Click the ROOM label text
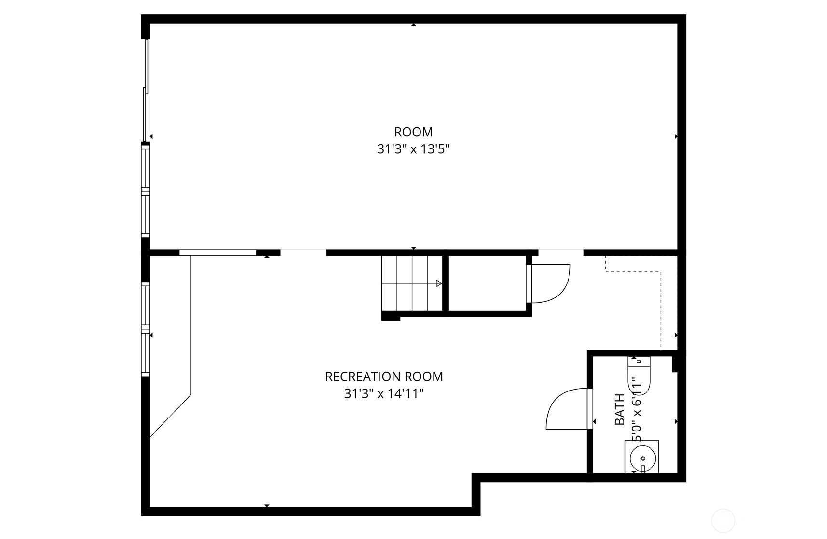pos(413,132)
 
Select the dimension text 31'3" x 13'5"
pos(413,149)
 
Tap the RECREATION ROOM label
pos(384,377)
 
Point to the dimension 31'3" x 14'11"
pos(384,394)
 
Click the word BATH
pos(620,409)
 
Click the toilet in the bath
pos(639,376)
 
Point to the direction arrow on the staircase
pos(439,283)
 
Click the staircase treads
pos(412,283)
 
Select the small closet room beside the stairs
pos(488,283)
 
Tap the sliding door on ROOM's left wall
pos(146,90)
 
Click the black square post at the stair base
pos(391,316)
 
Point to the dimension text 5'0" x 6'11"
pos(637,409)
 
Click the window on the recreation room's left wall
pos(146,329)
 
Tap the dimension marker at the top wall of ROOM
pos(413,24)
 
